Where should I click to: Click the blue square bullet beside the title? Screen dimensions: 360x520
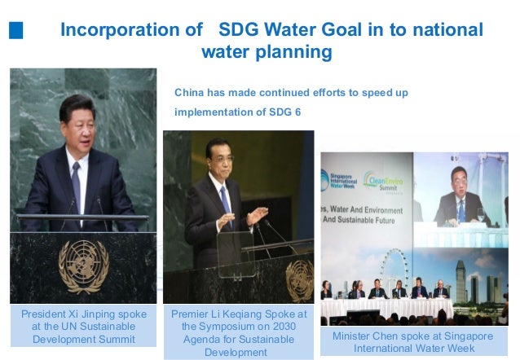pyautogui.click(x=15, y=31)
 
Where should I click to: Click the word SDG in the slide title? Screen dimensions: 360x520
pyautogui.click(x=237, y=30)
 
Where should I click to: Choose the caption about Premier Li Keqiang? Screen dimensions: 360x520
pyautogui.click(x=239, y=332)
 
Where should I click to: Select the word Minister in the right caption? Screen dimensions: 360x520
pyautogui.click(x=354, y=336)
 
